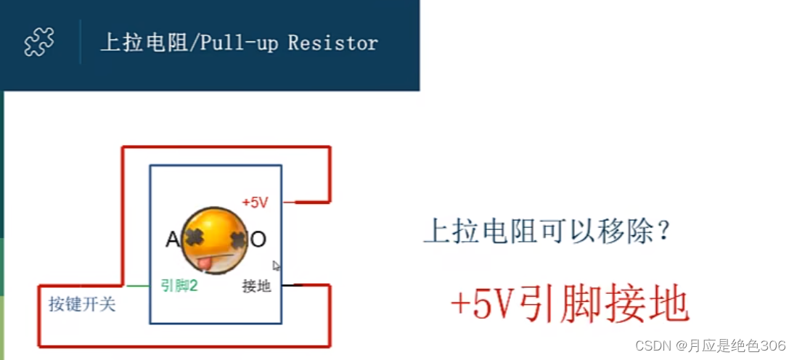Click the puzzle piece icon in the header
point(39,42)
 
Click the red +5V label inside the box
point(256,202)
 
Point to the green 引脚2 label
point(179,286)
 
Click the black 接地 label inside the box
point(256,286)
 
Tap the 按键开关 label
point(82,304)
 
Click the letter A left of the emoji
point(173,240)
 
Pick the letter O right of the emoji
point(258,240)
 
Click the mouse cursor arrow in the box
point(276,266)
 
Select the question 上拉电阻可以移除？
point(547,232)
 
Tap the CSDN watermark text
point(710,345)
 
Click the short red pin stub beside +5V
point(289,202)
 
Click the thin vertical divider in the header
point(80,42)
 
